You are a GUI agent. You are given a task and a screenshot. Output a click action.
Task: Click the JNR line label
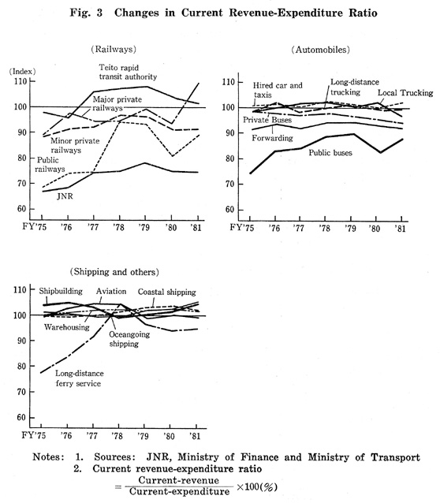point(65,196)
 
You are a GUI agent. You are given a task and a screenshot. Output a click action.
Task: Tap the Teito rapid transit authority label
point(128,73)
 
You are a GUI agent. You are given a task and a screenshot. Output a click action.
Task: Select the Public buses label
point(330,153)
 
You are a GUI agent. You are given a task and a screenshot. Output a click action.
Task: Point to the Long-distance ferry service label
point(79,378)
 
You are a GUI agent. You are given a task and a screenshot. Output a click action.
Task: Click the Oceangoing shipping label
point(129,339)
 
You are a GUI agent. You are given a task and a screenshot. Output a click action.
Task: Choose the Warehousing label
point(67,327)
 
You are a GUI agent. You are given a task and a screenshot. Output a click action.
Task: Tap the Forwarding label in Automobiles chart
point(272,138)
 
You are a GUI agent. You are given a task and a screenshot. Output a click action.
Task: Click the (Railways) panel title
point(114,49)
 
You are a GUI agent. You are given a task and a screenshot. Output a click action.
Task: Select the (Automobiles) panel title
point(321,50)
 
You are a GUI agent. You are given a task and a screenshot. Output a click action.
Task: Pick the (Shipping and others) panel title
point(114,272)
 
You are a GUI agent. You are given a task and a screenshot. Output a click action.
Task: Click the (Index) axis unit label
point(22,71)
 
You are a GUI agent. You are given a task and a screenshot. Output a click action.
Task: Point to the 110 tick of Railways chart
point(21,81)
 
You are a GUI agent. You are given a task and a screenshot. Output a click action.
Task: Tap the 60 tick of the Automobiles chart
point(229,210)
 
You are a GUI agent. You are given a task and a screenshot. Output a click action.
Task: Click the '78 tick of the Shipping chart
point(118,436)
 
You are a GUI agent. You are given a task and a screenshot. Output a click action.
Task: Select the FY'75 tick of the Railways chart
point(35,227)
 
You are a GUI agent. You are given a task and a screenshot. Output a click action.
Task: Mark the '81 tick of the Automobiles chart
point(401,229)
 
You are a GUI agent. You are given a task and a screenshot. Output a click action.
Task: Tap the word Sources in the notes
point(114,456)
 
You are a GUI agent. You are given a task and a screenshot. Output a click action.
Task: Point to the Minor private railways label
point(75,145)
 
